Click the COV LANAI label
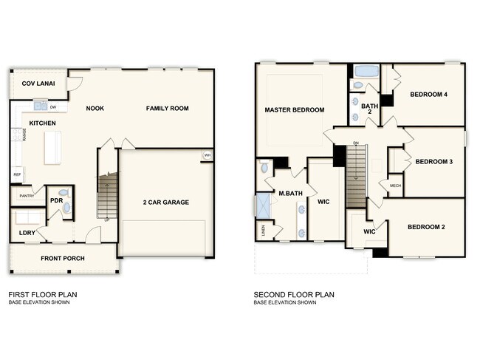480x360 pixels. pos(36,83)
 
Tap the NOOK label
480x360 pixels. pos(95,109)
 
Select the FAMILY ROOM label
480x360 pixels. pos(167,109)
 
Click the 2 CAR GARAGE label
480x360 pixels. pos(166,202)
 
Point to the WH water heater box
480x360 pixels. pos(208,155)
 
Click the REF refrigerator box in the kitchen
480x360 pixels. pos(16,175)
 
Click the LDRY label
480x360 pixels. pos(27,234)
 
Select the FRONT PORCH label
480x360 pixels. pos(63,258)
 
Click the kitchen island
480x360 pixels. pos(52,146)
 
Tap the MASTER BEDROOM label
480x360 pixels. pos(295,110)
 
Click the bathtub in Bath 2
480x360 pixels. pos(366,72)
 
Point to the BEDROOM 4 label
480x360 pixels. pos(429,95)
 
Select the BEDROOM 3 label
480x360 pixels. pos(433,162)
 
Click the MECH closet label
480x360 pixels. pos(395,185)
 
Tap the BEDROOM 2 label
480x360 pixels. pos(426,227)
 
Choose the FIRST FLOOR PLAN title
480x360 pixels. pos(42,294)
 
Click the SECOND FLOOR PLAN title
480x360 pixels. pos(294,294)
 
